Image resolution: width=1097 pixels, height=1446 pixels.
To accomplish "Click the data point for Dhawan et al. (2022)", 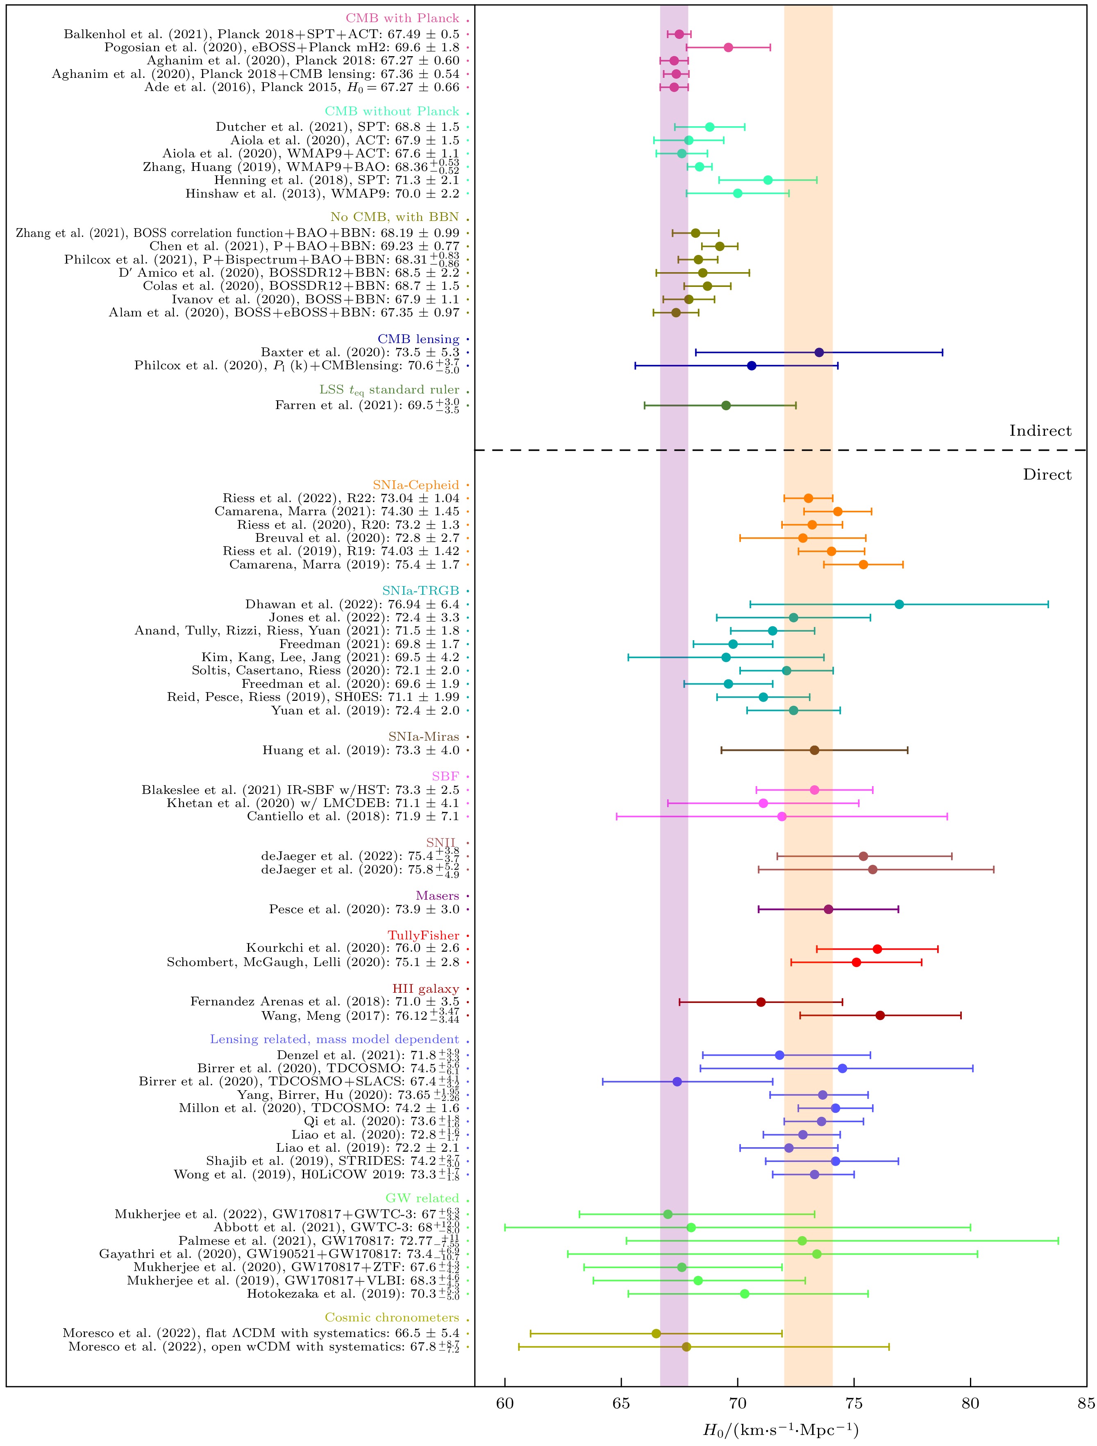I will point(899,604).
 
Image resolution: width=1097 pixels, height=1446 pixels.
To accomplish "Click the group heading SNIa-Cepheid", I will point(416,485).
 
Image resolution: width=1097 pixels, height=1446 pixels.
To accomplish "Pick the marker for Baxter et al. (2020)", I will point(819,352).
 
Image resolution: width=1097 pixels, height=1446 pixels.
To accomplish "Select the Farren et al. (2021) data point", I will point(726,405).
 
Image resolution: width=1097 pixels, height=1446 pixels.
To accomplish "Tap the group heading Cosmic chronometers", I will point(392,1318).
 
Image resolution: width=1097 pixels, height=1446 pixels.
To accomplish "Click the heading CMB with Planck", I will point(402,18).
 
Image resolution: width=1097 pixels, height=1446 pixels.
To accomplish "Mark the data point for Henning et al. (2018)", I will point(768,180).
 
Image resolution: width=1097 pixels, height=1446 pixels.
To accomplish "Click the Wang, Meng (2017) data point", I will point(880,1015).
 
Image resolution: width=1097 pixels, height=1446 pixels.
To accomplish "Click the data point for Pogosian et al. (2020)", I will point(728,47).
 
